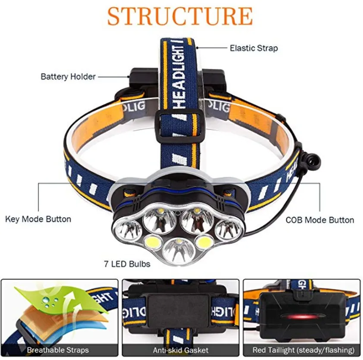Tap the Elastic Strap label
click(x=253, y=48)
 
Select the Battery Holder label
click(x=68, y=77)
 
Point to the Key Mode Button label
click(x=38, y=219)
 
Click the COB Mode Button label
click(x=320, y=220)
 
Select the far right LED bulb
click(x=228, y=229)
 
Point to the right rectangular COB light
click(x=203, y=242)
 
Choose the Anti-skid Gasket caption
click(x=181, y=350)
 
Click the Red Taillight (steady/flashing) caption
click(x=303, y=350)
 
